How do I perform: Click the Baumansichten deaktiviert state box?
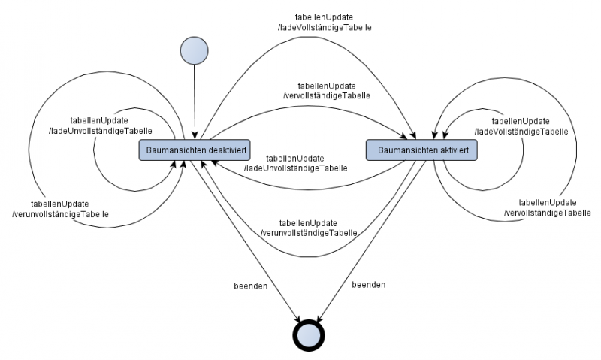[x=195, y=150]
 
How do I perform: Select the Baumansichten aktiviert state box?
[x=422, y=150]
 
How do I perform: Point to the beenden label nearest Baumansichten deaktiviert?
[x=251, y=286]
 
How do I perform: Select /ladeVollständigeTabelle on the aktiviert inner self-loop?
[x=521, y=131]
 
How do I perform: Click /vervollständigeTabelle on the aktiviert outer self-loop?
[x=548, y=213]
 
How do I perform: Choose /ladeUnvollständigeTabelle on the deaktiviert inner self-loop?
[x=116, y=131]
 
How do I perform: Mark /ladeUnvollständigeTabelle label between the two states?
[x=295, y=168]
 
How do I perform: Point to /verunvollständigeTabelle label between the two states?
[x=308, y=233]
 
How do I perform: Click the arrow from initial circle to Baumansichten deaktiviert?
[x=194, y=101]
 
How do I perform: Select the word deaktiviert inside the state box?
[x=223, y=150]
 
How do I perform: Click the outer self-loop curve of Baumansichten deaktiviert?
[x=30, y=150]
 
